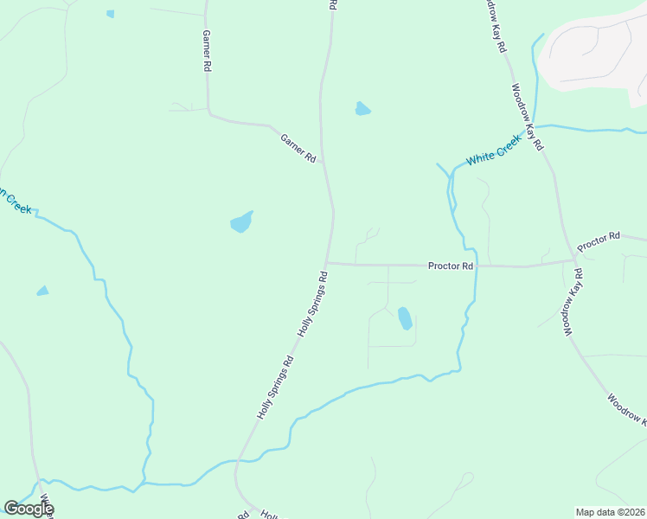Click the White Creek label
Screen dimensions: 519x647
[x=494, y=150]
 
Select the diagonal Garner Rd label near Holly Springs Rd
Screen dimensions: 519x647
[x=298, y=147]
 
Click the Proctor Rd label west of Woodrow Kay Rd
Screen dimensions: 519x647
[x=451, y=266]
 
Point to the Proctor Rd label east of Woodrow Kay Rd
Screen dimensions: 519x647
[x=599, y=241]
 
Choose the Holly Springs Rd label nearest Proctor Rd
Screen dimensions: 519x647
[x=313, y=304]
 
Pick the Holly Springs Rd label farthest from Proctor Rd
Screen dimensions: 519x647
[x=276, y=387]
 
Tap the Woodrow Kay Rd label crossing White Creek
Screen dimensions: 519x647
[x=526, y=116]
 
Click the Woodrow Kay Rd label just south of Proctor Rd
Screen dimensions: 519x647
[x=573, y=303]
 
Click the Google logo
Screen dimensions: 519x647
[x=29, y=508]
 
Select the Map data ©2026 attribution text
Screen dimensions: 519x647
[x=611, y=511]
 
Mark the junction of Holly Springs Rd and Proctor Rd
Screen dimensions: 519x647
[x=326, y=263]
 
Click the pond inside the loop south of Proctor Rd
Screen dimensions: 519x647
[x=404, y=318]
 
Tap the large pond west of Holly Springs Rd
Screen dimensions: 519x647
[x=241, y=222]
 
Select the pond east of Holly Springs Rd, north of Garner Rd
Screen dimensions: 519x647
[x=362, y=109]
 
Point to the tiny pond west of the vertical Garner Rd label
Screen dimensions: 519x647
[x=110, y=14]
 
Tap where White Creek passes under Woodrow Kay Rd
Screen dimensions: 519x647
[x=535, y=126]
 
